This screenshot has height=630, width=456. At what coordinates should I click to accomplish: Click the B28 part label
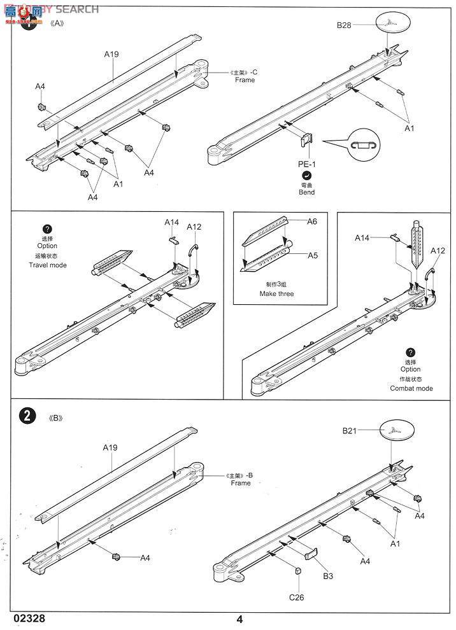pyautogui.click(x=345, y=25)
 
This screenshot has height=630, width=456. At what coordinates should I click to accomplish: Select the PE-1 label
pyautogui.click(x=308, y=164)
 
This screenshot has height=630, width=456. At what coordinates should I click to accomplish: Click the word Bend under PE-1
pyautogui.click(x=308, y=192)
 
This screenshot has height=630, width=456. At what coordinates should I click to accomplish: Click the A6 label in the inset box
pyautogui.click(x=312, y=221)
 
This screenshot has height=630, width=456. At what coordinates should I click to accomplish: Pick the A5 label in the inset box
pyautogui.click(x=312, y=255)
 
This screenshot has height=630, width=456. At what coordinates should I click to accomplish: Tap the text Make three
pyautogui.click(x=276, y=294)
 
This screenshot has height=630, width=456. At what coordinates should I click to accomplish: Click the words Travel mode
pyautogui.click(x=47, y=265)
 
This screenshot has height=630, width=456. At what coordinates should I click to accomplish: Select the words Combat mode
pyautogui.click(x=411, y=388)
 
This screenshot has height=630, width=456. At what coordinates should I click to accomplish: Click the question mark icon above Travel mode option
pyautogui.click(x=47, y=230)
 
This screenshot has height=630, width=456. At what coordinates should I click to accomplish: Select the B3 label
pyautogui.click(x=327, y=576)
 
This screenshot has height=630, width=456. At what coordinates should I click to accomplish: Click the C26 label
pyautogui.click(x=297, y=597)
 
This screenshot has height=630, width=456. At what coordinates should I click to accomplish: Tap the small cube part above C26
pyautogui.click(x=298, y=571)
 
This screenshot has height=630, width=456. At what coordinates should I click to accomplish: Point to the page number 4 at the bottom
pyautogui.click(x=239, y=619)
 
